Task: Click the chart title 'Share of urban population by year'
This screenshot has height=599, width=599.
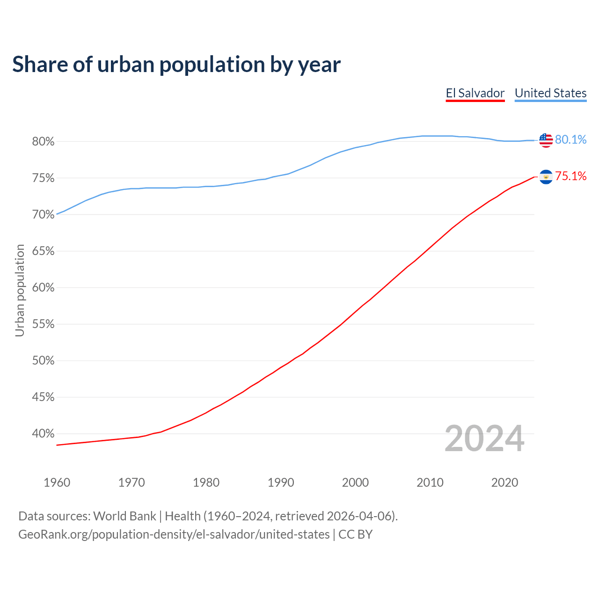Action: [176, 65]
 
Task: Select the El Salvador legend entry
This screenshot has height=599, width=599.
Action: [475, 93]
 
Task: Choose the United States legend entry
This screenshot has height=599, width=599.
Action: [550, 93]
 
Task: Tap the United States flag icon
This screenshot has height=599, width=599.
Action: [546, 140]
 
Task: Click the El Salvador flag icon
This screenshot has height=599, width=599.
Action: [546, 176]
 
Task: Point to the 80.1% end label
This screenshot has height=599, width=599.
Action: [570, 140]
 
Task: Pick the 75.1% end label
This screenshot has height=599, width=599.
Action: [570, 176]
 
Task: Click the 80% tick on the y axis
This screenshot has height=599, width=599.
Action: [43, 141]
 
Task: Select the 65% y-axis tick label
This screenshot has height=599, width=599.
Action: [43, 251]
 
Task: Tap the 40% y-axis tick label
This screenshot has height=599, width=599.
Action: [43, 434]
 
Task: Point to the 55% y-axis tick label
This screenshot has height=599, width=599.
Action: [43, 324]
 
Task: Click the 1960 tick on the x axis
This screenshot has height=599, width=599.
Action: [57, 482]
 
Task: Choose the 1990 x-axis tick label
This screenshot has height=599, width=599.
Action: [281, 482]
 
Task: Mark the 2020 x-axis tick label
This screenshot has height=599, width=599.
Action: [504, 482]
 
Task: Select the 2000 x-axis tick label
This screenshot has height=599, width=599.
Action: [355, 482]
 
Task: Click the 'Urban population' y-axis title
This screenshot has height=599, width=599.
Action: [20, 290]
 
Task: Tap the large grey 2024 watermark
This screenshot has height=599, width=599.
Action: [484, 439]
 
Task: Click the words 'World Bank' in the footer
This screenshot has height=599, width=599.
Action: [124, 516]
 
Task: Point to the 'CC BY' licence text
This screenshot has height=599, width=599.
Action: [355, 534]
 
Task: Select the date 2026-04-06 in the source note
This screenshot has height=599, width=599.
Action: [358, 516]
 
